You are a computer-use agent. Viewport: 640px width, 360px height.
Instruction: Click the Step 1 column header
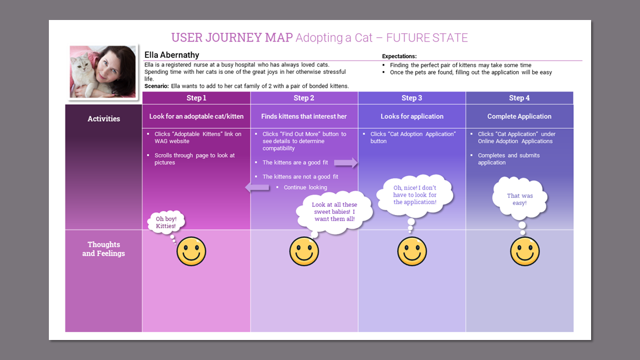(x=196, y=98)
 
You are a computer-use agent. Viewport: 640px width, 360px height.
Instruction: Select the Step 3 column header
(x=412, y=98)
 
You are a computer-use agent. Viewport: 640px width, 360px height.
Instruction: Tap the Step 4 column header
(x=519, y=98)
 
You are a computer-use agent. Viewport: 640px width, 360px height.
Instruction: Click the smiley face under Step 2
(x=304, y=251)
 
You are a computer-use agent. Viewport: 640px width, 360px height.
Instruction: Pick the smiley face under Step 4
(x=524, y=251)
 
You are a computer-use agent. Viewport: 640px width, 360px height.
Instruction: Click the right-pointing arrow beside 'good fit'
(x=346, y=163)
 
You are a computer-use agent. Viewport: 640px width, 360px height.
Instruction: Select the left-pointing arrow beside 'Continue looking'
(x=257, y=188)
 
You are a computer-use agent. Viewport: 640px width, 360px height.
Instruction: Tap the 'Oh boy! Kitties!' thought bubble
(x=166, y=222)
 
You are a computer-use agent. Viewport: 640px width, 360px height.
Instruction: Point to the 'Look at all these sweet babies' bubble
(x=333, y=212)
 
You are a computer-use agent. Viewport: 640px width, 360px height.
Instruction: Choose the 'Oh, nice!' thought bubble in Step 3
(x=415, y=195)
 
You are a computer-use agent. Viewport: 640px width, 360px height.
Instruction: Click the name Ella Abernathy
(x=172, y=55)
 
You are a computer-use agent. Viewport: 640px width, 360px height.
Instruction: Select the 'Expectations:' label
(x=399, y=56)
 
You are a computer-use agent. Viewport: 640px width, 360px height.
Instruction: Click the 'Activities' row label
(x=104, y=118)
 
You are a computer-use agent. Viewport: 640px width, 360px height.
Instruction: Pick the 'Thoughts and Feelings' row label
(x=104, y=249)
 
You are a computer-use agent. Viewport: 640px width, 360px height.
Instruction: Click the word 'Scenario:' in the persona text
(x=156, y=86)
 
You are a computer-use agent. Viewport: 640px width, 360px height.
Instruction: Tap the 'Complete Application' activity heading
(x=519, y=117)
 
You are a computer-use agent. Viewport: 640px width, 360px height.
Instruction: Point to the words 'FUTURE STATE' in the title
(x=427, y=38)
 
